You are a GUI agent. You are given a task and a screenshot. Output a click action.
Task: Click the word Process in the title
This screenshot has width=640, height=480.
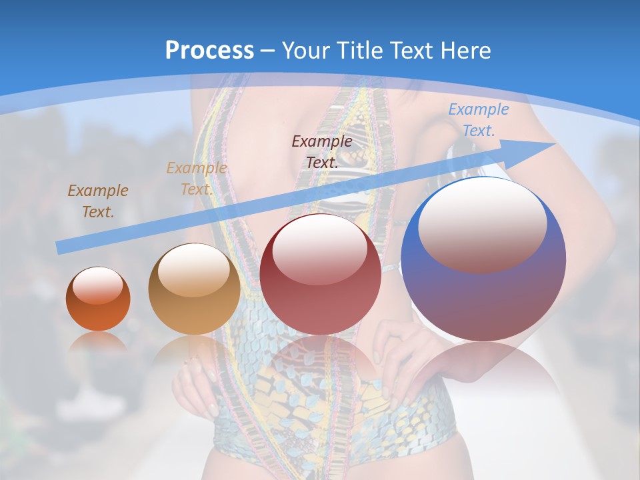pos(209,51)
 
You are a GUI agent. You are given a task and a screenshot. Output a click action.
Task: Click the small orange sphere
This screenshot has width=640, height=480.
pos(98,299)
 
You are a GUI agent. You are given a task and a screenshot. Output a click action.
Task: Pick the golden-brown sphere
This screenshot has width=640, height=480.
pos(194,289)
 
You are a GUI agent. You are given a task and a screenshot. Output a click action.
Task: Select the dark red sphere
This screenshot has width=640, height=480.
pos(320,274)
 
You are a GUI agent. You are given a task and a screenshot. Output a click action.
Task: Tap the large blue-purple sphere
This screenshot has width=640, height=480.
pos(483,259)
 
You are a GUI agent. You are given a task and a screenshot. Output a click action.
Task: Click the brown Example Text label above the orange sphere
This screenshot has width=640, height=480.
pos(98,201)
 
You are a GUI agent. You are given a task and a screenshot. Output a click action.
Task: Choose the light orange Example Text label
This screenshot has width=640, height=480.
pos(196,178)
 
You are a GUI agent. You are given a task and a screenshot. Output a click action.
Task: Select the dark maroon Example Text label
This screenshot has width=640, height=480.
pos(322,151)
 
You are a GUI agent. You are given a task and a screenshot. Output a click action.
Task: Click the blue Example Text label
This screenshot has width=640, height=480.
pos(478,120)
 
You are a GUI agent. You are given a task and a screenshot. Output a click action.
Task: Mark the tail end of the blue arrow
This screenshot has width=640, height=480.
pos(59,248)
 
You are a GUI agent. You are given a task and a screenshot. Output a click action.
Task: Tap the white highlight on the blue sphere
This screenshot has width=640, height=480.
pos(482,223)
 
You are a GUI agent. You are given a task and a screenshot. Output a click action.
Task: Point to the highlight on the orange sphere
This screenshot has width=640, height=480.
pos(97,285)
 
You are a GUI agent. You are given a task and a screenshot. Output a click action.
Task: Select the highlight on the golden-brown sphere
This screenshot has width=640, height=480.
pos(193,269)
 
